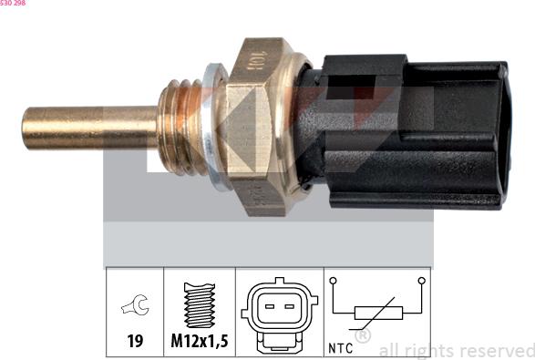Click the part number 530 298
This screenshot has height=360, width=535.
click(x=14, y=4)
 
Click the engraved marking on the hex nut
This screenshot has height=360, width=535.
click(x=259, y=64)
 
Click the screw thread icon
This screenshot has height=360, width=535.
click(x=199, y=305)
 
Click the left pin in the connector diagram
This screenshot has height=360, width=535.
click(x=269, y=308)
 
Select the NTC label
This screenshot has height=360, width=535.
click(x=339, y=346)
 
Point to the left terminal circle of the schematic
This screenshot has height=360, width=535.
click(x=333, y=281)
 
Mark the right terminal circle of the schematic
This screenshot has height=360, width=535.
click(x=420, y=281)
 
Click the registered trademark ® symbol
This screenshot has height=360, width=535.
click(x=362, y=336)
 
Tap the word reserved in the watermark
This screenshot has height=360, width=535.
click(x=497, y=350)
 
